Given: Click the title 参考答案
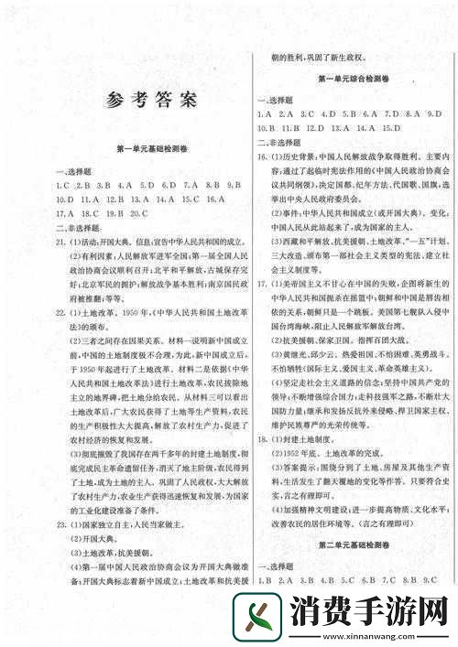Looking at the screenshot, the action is click(151, 100).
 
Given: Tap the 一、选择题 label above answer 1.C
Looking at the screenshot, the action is click(71, 170).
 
